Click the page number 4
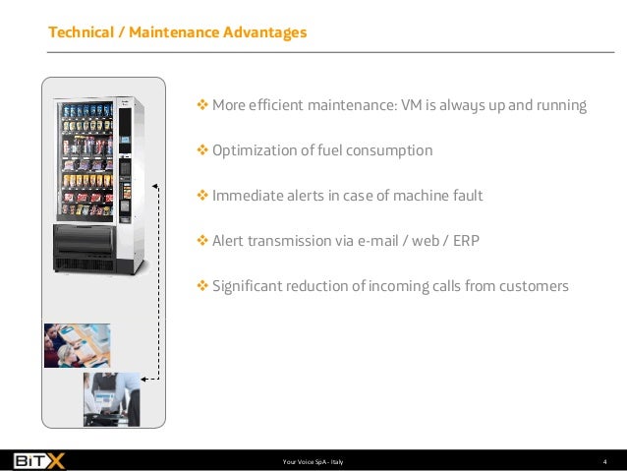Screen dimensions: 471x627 point(604,460)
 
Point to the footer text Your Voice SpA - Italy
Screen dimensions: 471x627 point(313,460)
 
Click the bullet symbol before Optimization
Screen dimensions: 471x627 point(203,150)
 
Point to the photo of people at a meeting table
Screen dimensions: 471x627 point(77,345)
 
